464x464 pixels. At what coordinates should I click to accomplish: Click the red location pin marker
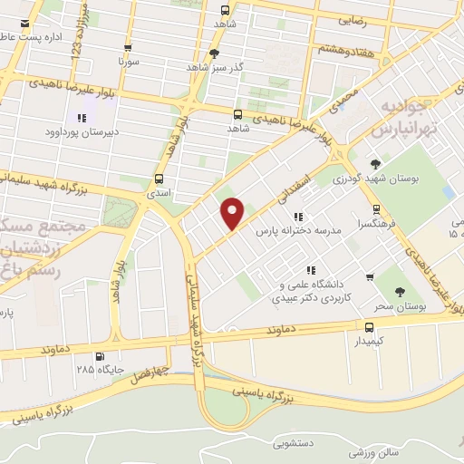click(x=233, y=212)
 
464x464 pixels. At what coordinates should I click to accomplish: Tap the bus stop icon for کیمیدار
click(x=369, y=327)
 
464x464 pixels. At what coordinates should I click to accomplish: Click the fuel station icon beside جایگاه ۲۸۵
click(x=99, y=355)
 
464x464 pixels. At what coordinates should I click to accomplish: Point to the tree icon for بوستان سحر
click(x=399, y=291)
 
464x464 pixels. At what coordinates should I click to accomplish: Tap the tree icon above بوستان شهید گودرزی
click(x=375, y=163)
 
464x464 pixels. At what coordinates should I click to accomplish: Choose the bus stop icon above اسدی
click(x=159, y=178)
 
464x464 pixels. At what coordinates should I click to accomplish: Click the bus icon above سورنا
click(x=127, y=49)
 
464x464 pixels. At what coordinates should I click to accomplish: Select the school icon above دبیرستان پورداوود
click(x=82, y=117)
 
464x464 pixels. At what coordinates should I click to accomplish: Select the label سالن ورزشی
click(x=397, y=450)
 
